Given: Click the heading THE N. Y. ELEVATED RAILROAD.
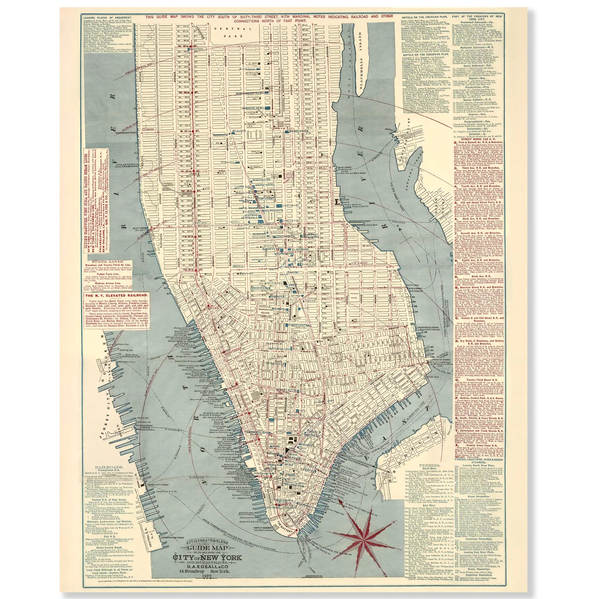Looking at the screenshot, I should [117, 296].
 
